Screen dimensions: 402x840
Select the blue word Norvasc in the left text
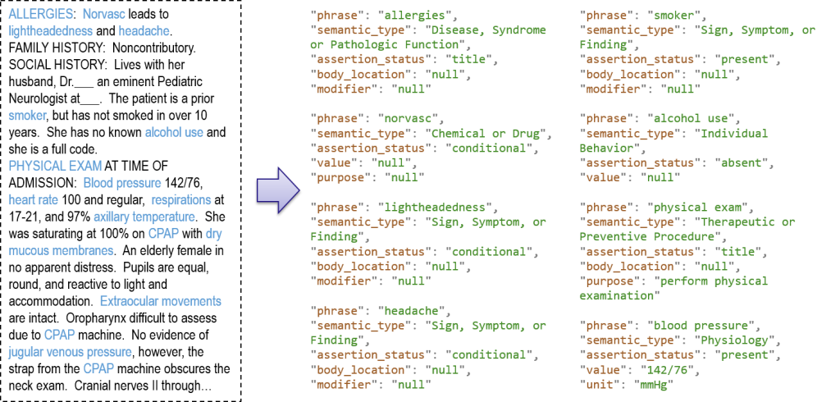(104, 15)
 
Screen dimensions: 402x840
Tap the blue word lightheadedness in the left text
(50, 31)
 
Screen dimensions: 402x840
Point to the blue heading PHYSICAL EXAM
(55, 166)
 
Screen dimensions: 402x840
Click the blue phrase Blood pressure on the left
(122, 183)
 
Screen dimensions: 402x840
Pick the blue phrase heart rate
(33, 200)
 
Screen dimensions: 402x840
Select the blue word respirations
(181, 200)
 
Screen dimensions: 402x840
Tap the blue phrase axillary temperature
(144, 217)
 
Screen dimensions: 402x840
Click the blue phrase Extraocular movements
(160, 301)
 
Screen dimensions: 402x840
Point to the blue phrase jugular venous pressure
(70, 352)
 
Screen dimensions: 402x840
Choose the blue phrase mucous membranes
(61, 250)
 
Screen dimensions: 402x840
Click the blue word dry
(213, 234)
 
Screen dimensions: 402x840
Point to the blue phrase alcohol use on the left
(174, 133)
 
